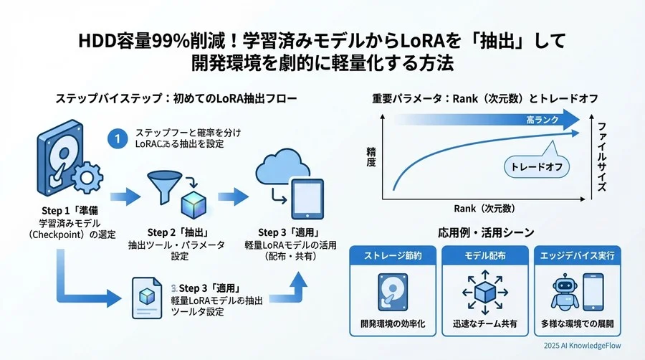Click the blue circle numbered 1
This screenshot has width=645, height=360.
click(x=115, y=138)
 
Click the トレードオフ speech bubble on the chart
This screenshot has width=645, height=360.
click(x=535, y=166)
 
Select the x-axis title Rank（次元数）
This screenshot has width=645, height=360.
click(x=484, y=209)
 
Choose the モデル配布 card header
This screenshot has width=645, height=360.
click(x=485, y=255)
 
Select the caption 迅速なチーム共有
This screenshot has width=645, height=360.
click(x=485, y=323)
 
